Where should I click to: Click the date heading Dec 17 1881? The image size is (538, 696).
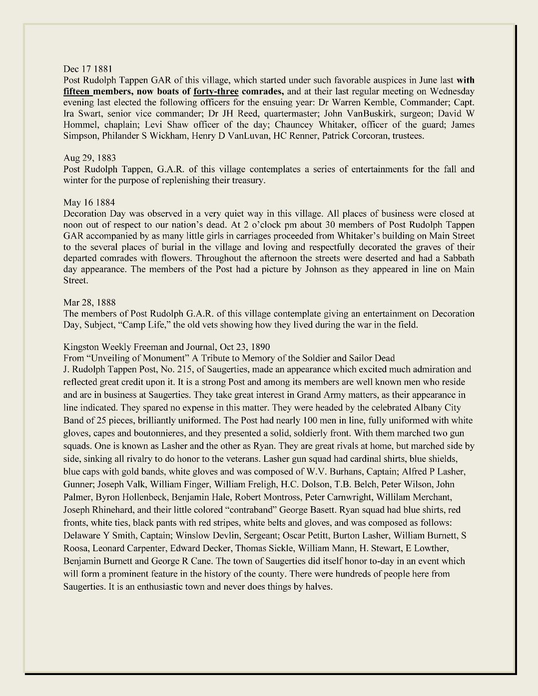coord(87,69)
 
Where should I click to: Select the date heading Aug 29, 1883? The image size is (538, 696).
coord(89,158)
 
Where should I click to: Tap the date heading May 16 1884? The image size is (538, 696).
coord(89,203)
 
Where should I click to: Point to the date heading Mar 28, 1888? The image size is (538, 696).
coord(89,303)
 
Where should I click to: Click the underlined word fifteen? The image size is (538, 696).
coord(76,91)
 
